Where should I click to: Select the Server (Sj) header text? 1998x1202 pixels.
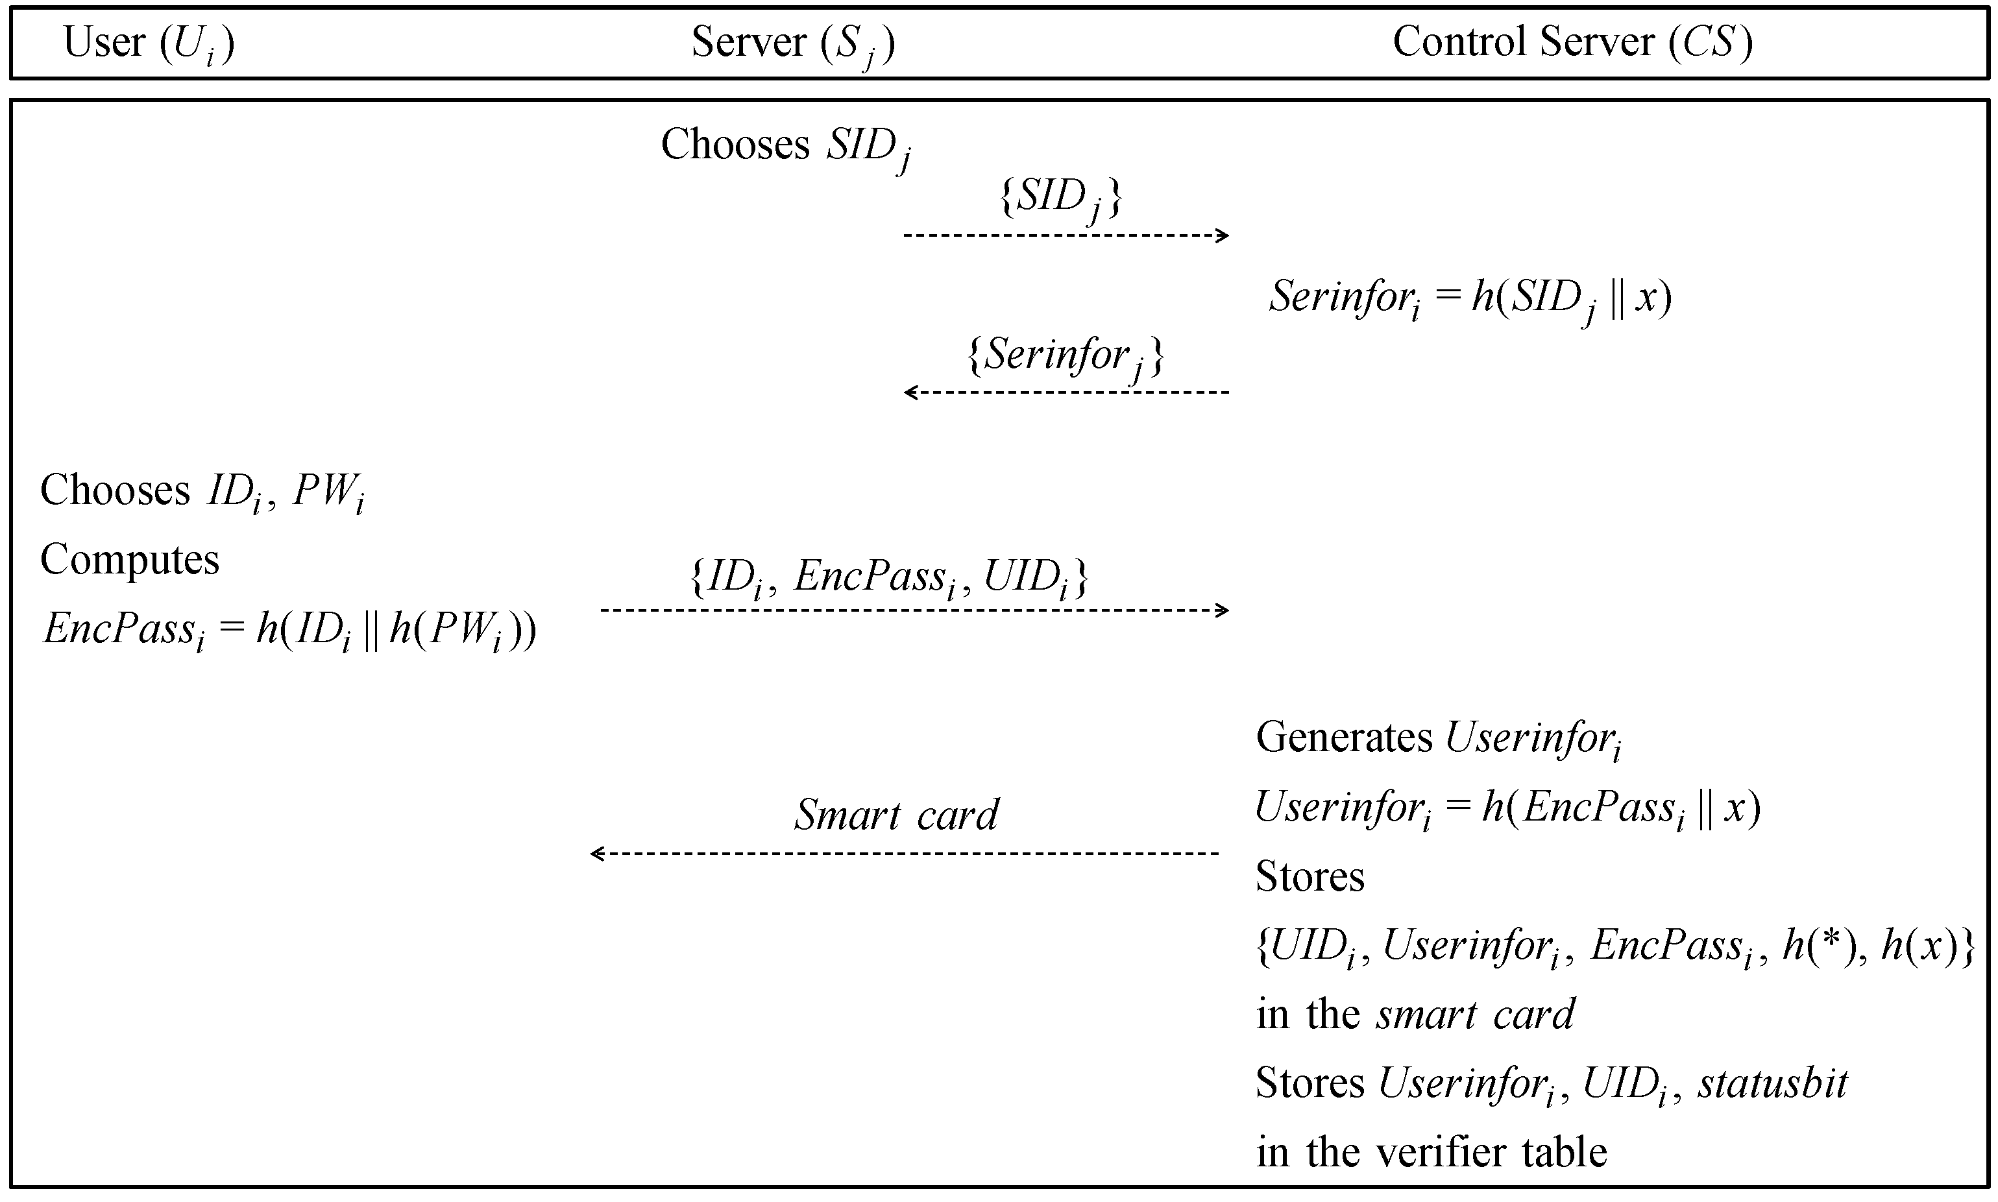click(792, 43)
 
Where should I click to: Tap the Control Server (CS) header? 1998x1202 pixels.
click(1572, 42)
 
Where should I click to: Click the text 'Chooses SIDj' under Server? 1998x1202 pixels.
click(785, 147)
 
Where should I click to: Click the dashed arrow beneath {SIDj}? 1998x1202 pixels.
click(1066, 235)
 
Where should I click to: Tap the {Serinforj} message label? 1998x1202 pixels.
click(1066, 355)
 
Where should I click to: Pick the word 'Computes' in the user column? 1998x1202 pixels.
click(130, 560)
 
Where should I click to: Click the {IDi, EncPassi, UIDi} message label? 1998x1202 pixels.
click(888, 577)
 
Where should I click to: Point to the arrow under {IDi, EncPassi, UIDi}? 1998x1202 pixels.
click(914, 610)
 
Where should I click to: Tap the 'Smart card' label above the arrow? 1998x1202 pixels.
click(895, 815)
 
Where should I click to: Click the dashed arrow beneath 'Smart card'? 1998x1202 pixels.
click(903, 853)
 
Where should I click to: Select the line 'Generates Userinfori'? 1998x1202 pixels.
click(1438, 739)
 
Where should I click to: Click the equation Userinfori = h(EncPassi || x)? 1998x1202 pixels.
click(1507, 808)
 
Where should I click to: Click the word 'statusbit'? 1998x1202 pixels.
click(1773, 1084)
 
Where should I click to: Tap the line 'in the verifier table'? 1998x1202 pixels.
click(1431, 1152)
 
